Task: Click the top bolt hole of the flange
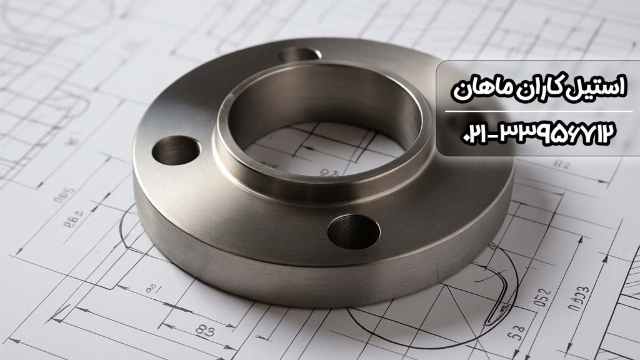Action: pyautogui.click(x=300, y=55)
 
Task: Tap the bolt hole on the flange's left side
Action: pyautogui.click(x=176, y=149)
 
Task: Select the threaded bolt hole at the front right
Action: pyautogui.click(x=354, y=231)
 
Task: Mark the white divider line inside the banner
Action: pyautogui.click(x=538, y=111)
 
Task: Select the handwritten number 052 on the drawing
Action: pyautogui.click(x=544, y=295)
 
